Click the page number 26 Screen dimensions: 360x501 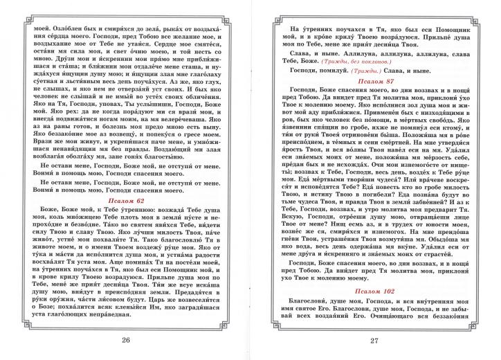[125, 340]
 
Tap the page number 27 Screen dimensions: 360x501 [376, 340]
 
